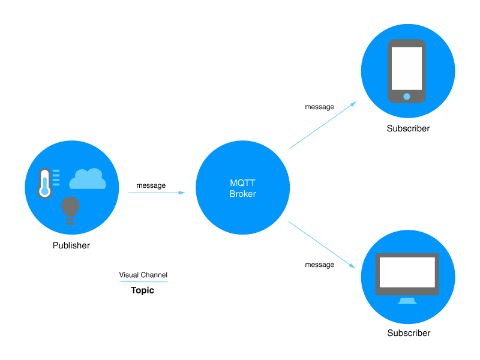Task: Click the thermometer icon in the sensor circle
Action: (44, 183)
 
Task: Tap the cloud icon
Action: (88, 179)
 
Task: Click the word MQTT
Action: (242, 184)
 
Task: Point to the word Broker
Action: (242, 194)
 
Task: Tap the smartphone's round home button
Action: (407, 96)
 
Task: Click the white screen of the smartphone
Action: (407, 68)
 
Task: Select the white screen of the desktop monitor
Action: (407, 272)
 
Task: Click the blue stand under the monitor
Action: (407, 301)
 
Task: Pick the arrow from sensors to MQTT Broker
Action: (156, 193)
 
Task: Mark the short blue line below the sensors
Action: (145, 281)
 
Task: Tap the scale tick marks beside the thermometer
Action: (56, 178)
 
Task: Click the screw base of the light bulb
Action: (70, 221)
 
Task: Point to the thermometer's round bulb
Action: (44, 193)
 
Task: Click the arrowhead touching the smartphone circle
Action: (353, 104)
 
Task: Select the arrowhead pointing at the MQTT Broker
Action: (182, 193)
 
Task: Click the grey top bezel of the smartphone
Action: (407, 43)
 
